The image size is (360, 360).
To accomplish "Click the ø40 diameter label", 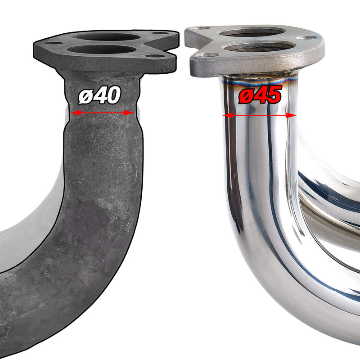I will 100,95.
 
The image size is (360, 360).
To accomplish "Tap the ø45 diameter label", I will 260,95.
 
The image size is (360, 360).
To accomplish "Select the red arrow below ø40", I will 103,113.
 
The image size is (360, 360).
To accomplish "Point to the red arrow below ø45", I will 260,115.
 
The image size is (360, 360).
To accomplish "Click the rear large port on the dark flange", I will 108,37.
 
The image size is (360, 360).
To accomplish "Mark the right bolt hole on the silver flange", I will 310,39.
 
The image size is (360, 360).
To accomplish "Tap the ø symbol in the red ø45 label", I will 245,96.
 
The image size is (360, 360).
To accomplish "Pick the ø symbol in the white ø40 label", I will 85,96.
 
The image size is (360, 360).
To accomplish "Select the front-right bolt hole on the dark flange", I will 156,56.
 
